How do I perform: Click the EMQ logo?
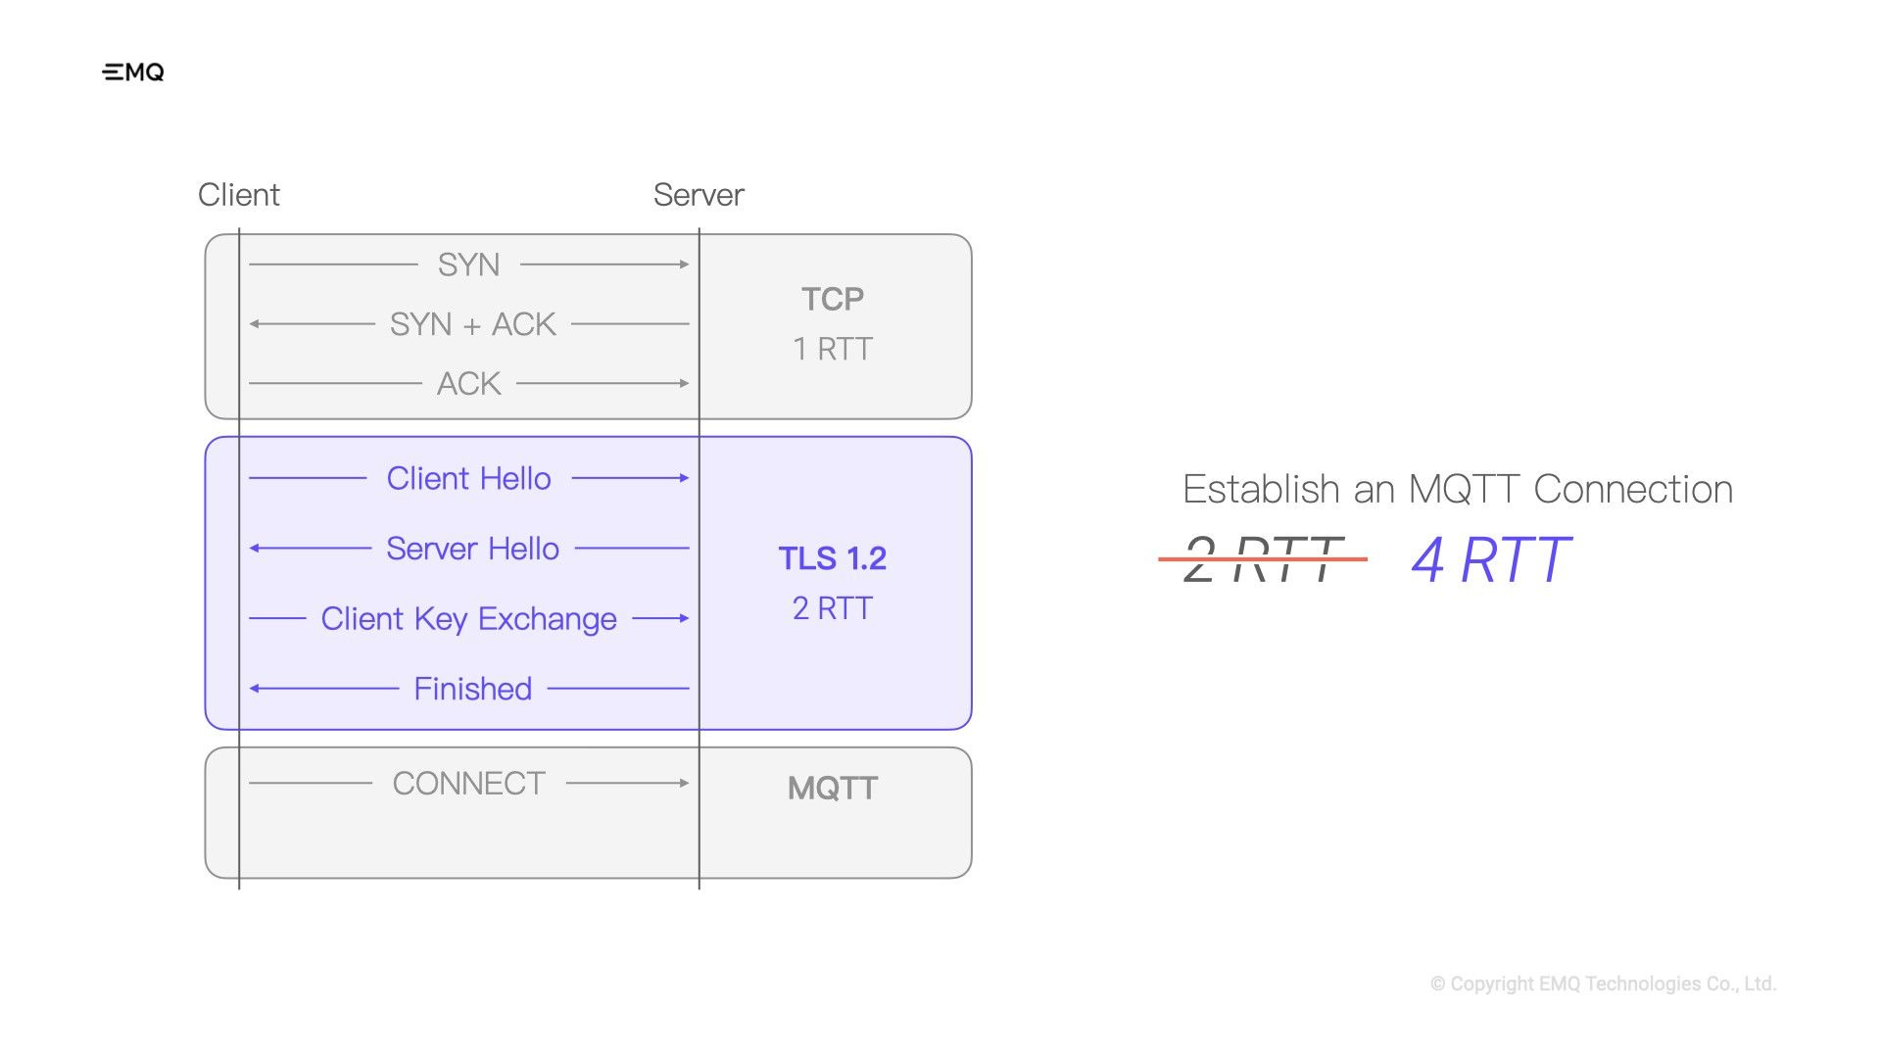133,72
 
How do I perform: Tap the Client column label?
238,195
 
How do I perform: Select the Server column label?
699,195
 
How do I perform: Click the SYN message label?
468,264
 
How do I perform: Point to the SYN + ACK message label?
472,324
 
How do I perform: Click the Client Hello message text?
468,478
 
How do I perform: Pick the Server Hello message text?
472,549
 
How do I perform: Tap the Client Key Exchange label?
468,619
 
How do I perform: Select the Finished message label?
472,689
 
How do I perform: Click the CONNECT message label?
468,784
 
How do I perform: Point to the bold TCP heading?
832,299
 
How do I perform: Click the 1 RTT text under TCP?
832,349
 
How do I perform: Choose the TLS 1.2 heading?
832,558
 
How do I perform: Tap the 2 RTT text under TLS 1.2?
832,608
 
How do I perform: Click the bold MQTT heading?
832,789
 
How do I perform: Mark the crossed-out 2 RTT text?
1262,559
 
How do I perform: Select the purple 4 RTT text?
1490,560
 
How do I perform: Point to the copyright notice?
1603,984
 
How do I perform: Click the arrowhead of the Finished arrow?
255,689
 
